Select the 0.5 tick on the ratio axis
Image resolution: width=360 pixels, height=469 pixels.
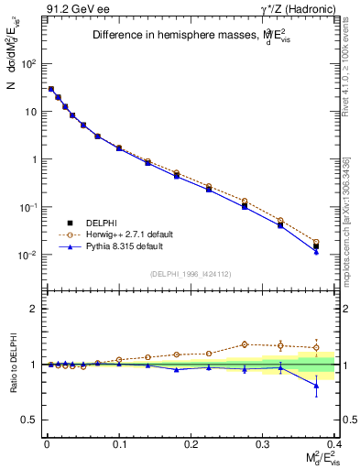pyautogui.click(x=29, y=420)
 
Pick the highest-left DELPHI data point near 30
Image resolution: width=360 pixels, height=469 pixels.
pyautogui.click(x=50, y=89)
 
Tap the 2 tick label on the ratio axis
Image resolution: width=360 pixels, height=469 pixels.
pyautogui.click(x=32, y=309)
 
